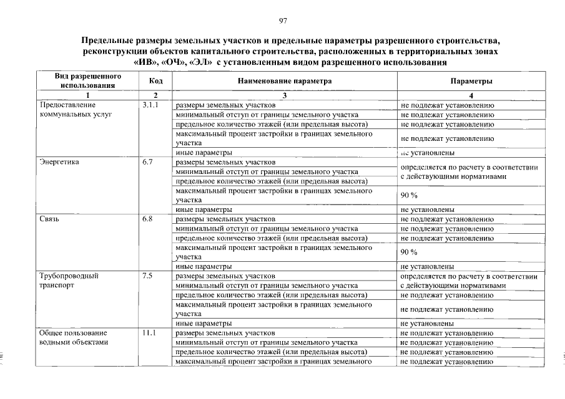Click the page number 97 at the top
(283, 21)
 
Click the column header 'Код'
(156, 81)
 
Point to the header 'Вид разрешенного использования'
(87, 80)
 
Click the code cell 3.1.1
(152, 105)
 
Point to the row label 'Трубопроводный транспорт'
(69, 280)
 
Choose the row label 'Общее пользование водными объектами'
(74, 337)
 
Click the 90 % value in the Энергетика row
(409, 196)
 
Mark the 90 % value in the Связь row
(409, 252)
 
